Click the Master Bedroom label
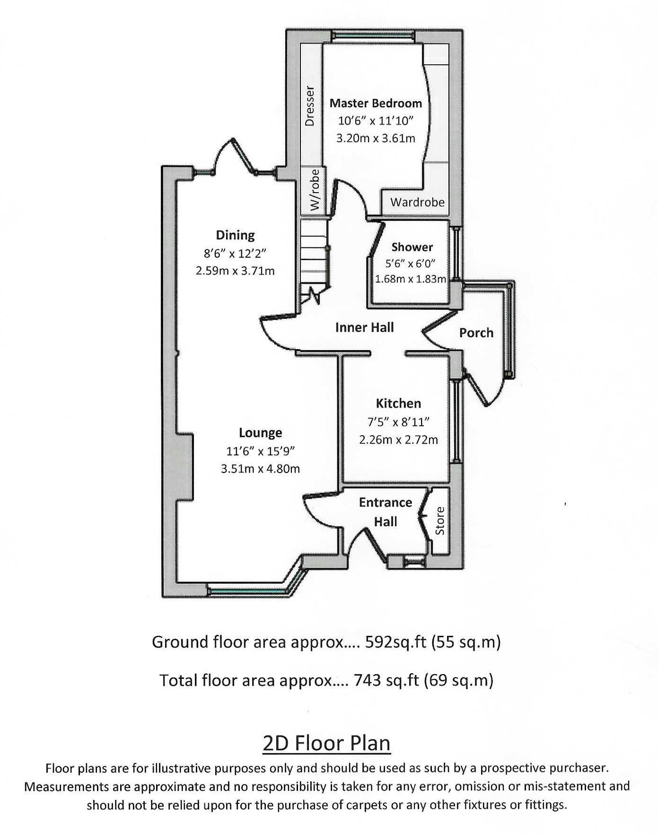[x=376, y=103]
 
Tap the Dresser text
[x=310, y=105]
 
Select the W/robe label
[x=315, y=190]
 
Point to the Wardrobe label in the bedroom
[x=417, y=202]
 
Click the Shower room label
[x=412, y=247]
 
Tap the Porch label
[x=476, y=333]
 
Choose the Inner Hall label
[x=364, y=327]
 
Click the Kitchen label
[x=398, y=403]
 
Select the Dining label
[x=235, y=235]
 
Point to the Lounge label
[x=260, y=432]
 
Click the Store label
[x=440, y=521]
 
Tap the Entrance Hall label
[x=385, y=512]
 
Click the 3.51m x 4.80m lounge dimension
[x=260, y=469]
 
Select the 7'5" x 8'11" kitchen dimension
[x=398, y=422]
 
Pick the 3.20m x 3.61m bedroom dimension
[x=376, y=139]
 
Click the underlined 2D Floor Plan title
[x=326, y=743]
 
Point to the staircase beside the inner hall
[x=313, y=258]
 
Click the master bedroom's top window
[x=373, y=36]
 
